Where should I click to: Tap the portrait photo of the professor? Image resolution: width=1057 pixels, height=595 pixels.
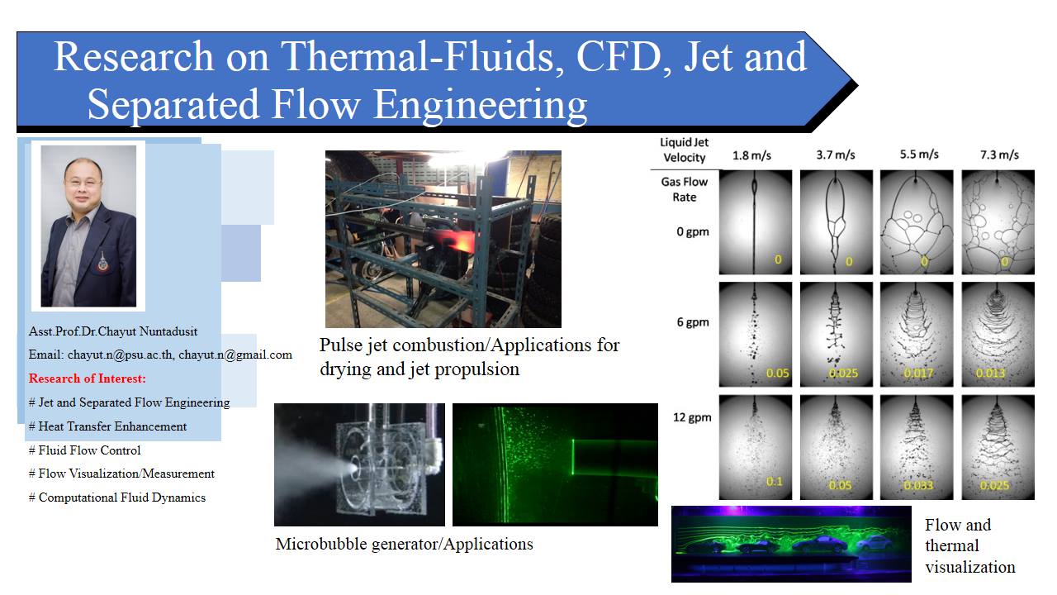tap(88, 226)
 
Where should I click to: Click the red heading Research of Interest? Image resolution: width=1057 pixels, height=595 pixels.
tap(88, 378)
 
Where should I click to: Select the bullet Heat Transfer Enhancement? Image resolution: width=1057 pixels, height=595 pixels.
tap(107, 426)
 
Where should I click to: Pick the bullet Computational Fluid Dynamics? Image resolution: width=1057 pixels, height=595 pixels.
tap(117, 497)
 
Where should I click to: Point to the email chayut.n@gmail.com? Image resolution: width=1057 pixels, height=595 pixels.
tap(235, 355)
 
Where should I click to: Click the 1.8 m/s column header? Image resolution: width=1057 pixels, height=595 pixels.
tap(751, 155)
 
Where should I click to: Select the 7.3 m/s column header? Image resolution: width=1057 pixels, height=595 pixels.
tap(999, 155)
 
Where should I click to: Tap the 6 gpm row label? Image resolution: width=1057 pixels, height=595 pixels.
tap(693, 322)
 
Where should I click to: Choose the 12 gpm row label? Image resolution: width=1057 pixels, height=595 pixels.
tap(692, 417)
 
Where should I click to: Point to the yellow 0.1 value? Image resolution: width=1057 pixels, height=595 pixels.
tap(775, 482)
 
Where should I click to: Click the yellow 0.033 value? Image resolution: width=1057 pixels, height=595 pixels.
tap(918, 485)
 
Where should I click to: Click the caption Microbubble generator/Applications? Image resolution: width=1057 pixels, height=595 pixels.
tap(405, 544)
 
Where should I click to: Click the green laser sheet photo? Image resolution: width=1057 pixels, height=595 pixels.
tap(555, 464)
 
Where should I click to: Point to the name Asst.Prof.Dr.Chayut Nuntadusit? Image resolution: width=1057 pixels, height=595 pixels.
tap(113, 331)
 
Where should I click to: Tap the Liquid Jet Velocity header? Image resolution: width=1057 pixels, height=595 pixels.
tap(685, 150)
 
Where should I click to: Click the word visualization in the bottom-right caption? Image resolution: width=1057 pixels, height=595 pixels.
tap(970, 567)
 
